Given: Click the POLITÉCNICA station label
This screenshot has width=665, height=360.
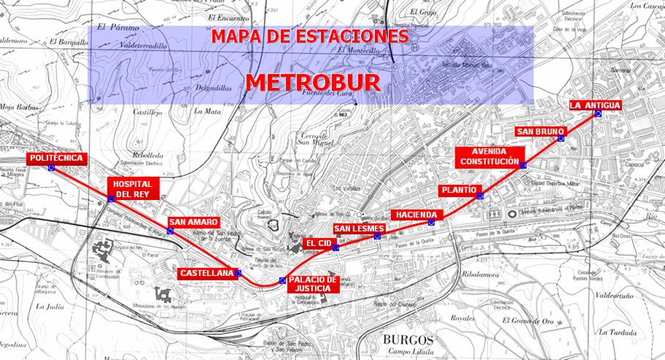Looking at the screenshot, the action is pyautogui.click(x=57, y=158).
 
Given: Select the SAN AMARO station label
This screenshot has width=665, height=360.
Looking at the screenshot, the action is pyautogui.click(x=193, y=221).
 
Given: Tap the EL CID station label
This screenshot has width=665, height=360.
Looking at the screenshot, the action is pyautogui.click(x=319, y=242).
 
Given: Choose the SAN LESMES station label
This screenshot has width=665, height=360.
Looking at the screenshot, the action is pyautogui.click(x=358, y=229).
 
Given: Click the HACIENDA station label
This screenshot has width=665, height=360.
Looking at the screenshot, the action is pyautogui.click(x=417, y=215).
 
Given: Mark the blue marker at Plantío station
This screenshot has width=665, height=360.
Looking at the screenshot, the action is pyautogui.click(x=480, y=195).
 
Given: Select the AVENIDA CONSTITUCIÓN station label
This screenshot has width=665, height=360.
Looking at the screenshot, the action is pyautogui.click(x=490, y=156).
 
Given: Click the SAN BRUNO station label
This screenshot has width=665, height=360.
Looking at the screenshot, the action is pyautogui.click(x=539, y=131).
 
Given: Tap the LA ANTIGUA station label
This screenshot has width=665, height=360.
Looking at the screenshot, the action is pyautogui.click(x=595, y=105).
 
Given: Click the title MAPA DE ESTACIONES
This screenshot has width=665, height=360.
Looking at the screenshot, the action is pyautogui.click(x=309, y=37).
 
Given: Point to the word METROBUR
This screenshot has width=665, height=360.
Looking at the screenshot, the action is pyautogui.click(x=313, y=83).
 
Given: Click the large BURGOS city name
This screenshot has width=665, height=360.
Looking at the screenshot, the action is pyautogui.click(x=408, y=340).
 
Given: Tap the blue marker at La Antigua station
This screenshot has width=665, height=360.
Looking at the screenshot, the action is pyautogui.click(x=598, y=114).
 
